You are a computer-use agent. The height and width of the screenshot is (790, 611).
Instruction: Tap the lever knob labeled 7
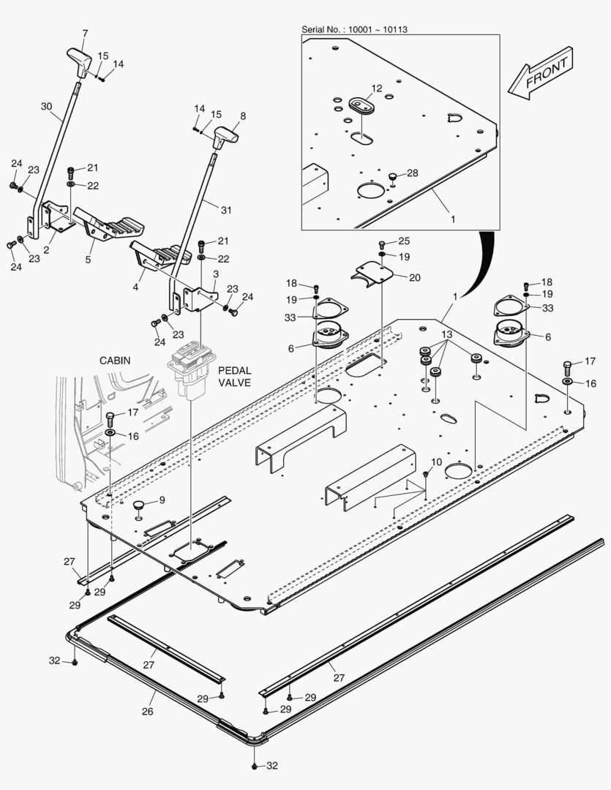(78, 56)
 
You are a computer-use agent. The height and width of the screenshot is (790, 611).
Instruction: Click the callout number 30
(47, 106)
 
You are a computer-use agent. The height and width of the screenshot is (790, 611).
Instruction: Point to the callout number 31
(226, 210)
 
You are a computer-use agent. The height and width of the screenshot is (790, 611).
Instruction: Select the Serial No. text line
(355, 29)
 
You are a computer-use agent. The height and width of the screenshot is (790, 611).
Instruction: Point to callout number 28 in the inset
(413, 173)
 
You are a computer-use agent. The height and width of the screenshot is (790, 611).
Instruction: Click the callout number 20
(415, 277)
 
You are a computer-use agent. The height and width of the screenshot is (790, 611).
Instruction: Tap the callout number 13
(446, 334)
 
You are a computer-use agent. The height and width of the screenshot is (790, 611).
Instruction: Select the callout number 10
(437, 462)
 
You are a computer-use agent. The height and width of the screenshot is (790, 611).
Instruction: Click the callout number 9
(162, 500)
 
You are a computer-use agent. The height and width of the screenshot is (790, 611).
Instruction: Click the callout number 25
(404, 241)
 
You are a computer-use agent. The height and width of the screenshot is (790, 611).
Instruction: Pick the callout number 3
(216, 274)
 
